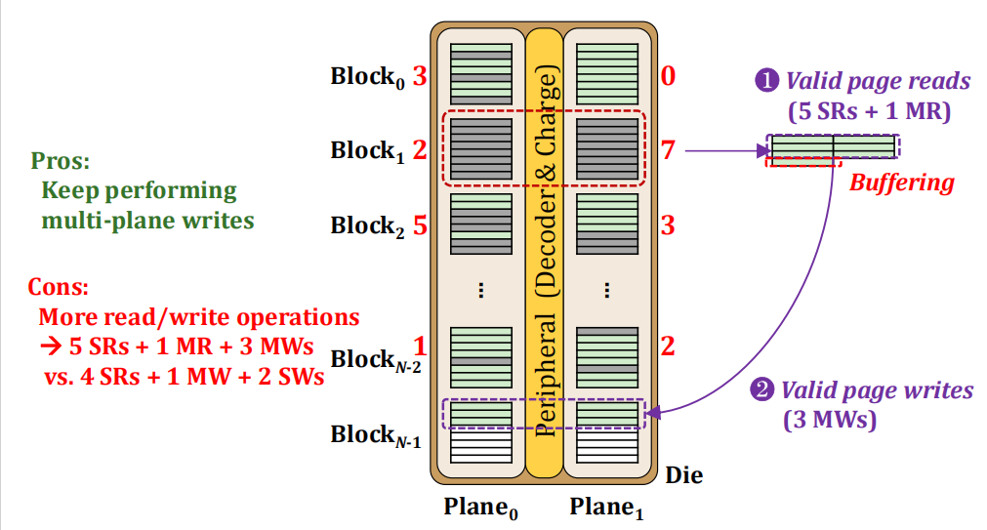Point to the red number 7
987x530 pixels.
pos(668,150)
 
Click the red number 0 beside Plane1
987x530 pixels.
pos(668,76)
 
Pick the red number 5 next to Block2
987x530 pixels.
pos(420,225)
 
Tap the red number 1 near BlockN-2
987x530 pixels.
pos(420,347)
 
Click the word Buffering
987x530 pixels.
pos(901,183)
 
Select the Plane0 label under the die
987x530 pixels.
pos(481,508)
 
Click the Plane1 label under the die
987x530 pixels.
pos(607,508)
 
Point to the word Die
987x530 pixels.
pos(684,475)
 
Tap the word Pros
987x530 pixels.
pos(61,161)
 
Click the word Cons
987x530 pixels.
pos(58,287)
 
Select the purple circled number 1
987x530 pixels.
pos(766,81)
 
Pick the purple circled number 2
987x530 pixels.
pos(761,389)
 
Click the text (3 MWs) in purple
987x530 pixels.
pos(830,419)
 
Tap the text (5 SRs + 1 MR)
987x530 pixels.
pos(869,111)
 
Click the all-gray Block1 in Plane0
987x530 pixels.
pos(481,149)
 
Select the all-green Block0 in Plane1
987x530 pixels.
pos(607,74)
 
